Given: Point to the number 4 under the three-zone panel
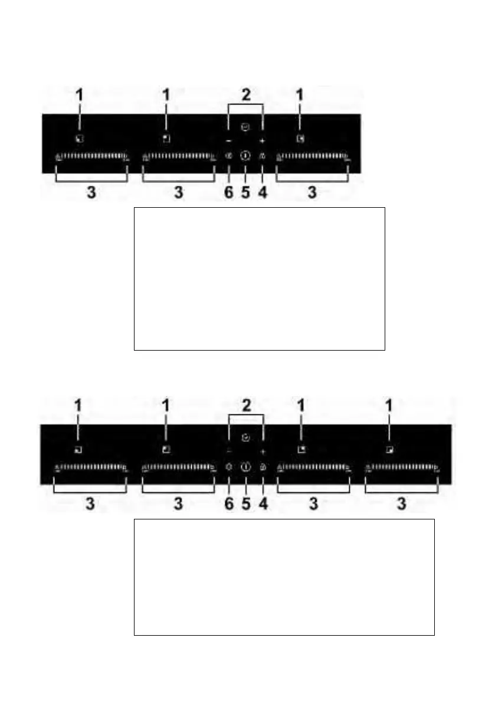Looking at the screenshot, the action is tap(262, 193).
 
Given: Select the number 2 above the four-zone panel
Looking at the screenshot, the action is tap(246, 406).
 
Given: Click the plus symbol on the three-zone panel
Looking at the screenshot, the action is tap(262, 141).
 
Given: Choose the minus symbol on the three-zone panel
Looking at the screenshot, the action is tap(229, 141).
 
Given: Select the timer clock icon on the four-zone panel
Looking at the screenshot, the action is tap(245, 438).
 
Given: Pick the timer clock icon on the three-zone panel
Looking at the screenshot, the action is tap(245, 126).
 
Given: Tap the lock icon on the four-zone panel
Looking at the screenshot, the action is tap(262, 467).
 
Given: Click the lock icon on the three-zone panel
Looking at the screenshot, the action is tap(262, 156).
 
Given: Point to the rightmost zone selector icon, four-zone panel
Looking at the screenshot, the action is tap(389, 449).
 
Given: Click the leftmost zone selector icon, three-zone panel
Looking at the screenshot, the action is tap(79, 139).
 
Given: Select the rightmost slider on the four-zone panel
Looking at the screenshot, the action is tap(402, 469).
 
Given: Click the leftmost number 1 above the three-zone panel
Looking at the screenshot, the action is tap(79, 94).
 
